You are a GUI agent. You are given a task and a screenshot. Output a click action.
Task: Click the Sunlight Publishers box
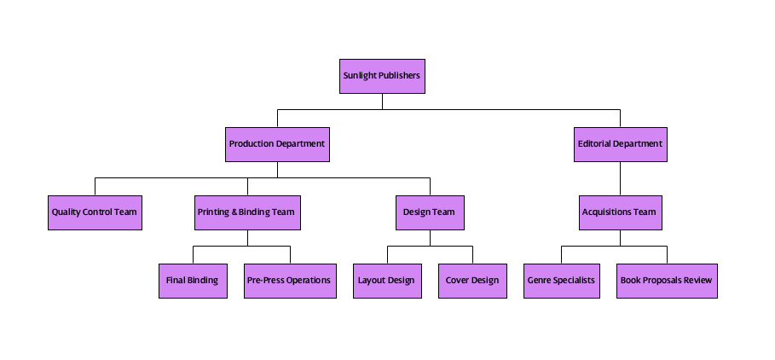(381, 76)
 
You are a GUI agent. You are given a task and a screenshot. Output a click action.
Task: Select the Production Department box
(277, 144)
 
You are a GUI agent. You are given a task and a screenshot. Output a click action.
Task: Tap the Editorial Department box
(620, 144)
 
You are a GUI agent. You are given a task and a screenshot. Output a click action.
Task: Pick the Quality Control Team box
(95, 212)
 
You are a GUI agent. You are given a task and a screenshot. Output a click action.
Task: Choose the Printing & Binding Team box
(247, 212)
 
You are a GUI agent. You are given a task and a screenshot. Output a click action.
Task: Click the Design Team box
(430, 212)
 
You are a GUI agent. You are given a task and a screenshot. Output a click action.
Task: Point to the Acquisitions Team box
(620, 212)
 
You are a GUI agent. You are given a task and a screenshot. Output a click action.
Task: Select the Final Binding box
(193, 281)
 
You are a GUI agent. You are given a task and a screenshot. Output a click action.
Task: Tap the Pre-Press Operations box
(289, 281)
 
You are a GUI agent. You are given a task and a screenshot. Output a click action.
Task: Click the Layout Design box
(387, 281)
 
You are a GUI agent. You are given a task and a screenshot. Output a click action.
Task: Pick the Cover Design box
(472, 281)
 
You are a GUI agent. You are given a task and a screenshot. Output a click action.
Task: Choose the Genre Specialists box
(561, 281)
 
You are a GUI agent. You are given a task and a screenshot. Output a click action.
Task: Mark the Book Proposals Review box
(667, 281)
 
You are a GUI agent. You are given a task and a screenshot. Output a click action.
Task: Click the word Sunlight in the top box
(360, 76)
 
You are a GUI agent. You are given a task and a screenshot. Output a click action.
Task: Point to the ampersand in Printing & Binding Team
(234, 212)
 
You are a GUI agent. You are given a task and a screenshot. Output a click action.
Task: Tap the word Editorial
(594, 144)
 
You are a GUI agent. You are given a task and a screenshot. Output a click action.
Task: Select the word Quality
(67, 212)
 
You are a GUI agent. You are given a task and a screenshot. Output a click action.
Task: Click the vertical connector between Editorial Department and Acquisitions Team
(620, 178)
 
